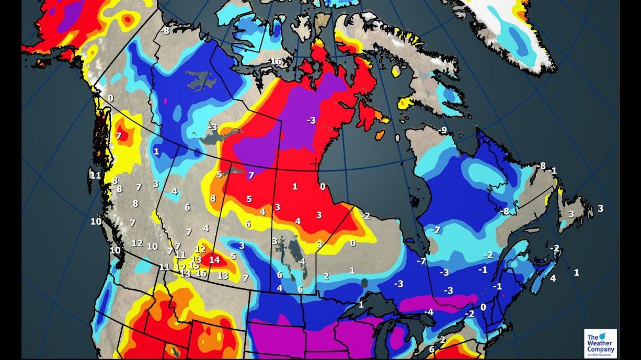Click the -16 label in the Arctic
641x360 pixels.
click(274, 62)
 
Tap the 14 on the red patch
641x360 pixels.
click(214, 259)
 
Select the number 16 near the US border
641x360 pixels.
click(201, 273)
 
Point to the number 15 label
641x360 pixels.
click(193, 265)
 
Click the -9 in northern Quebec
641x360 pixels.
click(443, 130)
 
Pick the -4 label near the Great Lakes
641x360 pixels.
click(429, 312)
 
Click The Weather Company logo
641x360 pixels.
click(600, 343)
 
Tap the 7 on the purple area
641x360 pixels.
click(251, 176)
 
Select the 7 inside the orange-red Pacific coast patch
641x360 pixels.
click(119, 136)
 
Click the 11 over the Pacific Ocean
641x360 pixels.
click(95, 175)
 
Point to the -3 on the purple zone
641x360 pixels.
click(311, 120)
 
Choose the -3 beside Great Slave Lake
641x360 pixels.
click(212, 127)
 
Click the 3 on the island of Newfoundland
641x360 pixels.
click(571, 214)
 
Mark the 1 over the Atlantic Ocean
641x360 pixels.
click(576, 272)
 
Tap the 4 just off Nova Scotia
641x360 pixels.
click(553, 278)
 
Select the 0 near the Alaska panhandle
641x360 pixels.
click(110, 98)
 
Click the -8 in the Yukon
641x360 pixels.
click(166, 31)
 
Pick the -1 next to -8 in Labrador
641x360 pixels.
click(553, 171)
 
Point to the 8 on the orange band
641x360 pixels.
click(213, 199)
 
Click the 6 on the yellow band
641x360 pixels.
click(248, 224)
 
